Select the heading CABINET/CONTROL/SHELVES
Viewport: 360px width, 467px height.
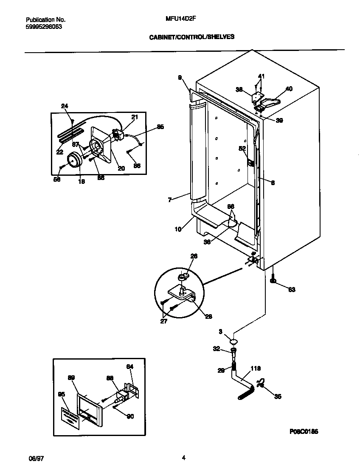click(x=192, y=37)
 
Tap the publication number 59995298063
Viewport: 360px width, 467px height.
click(x=44, y=26)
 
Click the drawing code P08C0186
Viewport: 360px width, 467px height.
click(x=304, y=431)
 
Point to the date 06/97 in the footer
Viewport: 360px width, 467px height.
click(x=36, y=459)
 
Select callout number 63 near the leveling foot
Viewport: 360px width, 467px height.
click(x=292, y=290)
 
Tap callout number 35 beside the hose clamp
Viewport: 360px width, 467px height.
click(x=278, y=397)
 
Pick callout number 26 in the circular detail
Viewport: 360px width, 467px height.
click(x=194, y=256)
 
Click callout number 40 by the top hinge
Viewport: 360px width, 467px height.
click(x=289, y=89)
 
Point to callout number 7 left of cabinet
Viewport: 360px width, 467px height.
click(x=169, y=200)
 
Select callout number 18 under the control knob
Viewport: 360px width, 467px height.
click(x=81, y=181)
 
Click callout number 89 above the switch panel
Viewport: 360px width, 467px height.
click(x=71, y=377)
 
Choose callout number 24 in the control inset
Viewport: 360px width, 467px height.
click(x=65, y=107)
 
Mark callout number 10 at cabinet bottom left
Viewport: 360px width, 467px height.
click(x=178, y=229)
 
